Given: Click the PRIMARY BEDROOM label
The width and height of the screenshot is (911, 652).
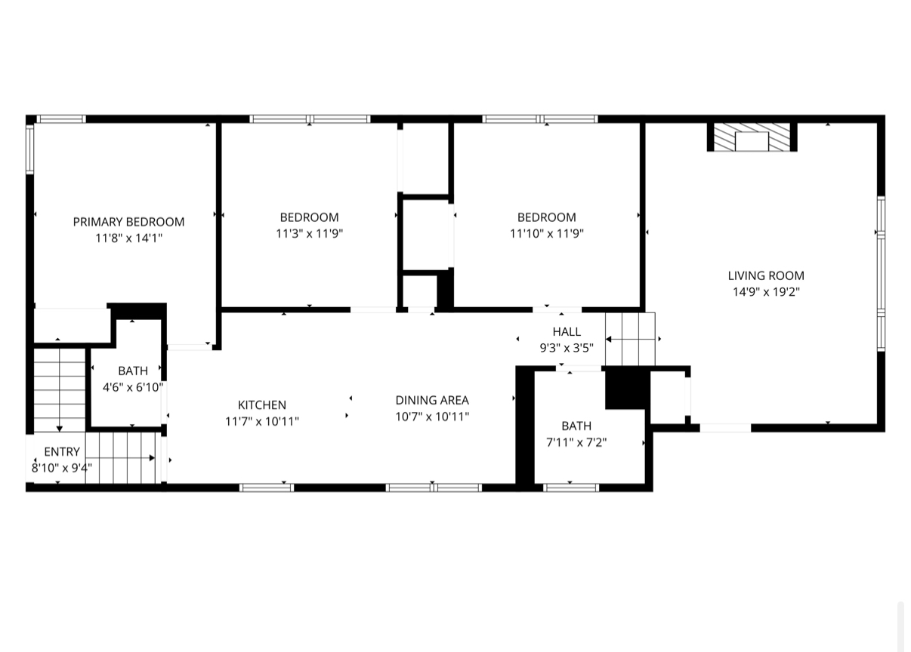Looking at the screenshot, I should point(128,222).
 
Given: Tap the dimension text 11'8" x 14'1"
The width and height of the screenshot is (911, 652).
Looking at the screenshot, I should point(128,238).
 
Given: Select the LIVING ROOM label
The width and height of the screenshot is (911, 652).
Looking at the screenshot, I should point(766,275).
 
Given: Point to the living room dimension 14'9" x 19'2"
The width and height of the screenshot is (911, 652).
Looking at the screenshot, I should point(766,292).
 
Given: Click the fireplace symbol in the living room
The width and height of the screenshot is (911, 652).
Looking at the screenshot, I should point(752,138).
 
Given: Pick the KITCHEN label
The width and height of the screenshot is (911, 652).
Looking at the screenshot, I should point(262,405).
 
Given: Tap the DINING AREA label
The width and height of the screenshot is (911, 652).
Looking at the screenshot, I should point(432,401).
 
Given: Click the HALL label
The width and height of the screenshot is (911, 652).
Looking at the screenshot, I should point(567,332).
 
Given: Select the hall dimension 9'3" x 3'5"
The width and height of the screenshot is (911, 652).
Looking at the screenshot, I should point(567,348).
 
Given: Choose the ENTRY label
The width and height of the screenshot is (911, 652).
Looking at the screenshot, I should point(62,452).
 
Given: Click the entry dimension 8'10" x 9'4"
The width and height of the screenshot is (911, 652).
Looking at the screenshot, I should point(62,468).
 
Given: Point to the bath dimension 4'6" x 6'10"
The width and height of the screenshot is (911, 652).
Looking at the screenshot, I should point(133,387).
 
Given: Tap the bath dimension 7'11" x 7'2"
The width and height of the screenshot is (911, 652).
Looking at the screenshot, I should point(576,442).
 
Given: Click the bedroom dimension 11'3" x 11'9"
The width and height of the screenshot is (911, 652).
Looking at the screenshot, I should point(310,234).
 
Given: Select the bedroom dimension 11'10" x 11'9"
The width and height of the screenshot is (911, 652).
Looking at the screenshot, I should point(547,234).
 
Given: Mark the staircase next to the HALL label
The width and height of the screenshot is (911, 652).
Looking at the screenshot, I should point(631,339).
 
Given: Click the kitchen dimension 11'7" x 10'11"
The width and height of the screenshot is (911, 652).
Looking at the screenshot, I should point(262,421).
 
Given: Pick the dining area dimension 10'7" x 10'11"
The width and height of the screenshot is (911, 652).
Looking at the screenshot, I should point(432,417).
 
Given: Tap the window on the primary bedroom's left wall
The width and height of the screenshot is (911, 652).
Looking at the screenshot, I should point(30,149).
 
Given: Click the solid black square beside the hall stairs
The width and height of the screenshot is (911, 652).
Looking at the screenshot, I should point(626,389).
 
